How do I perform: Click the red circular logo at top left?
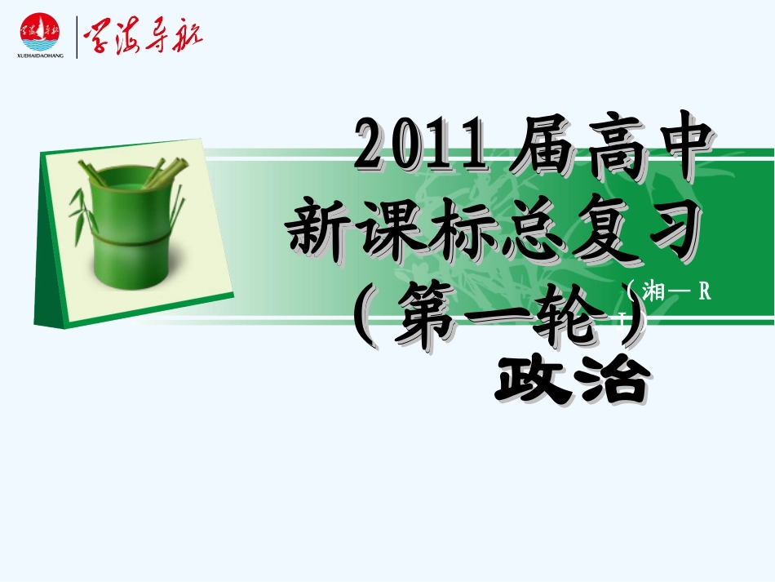pos(39,32)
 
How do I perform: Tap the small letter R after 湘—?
pos(705,293)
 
